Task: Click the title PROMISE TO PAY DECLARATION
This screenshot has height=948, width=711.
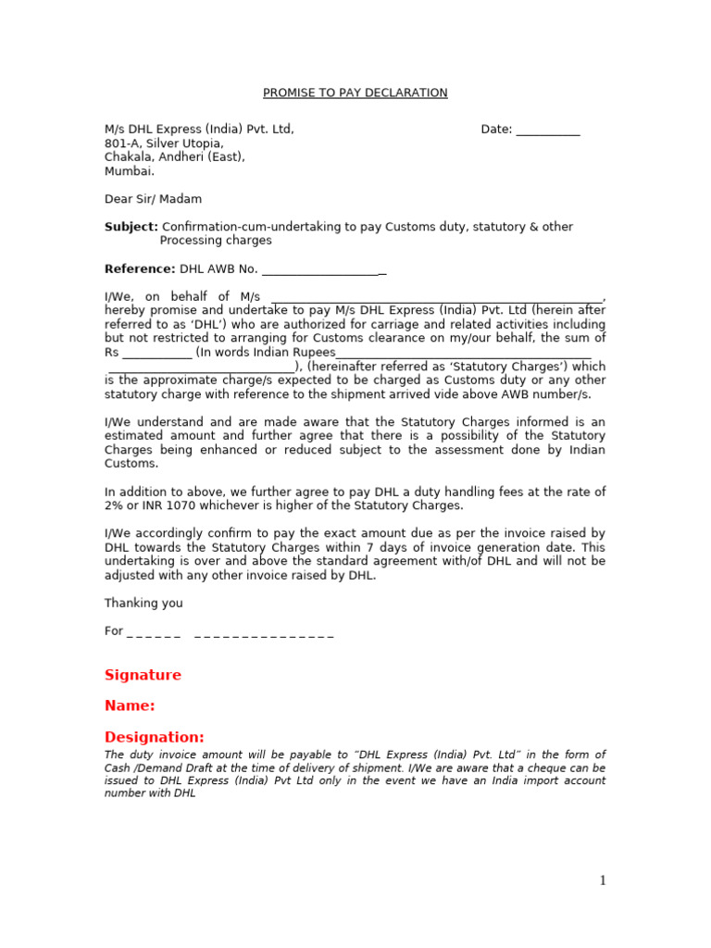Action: (x=355, y=94)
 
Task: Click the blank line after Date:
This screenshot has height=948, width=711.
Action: (x=548, y=131)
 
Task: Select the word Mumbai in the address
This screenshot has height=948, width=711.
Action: (x=128, y=171)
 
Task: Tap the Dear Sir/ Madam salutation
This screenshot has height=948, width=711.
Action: (x=153, y=199)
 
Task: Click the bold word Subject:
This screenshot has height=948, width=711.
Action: (x=131, y=227)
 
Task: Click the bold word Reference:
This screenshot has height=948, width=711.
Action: (x=140, y=269)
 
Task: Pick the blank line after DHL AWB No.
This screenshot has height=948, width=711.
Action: (x=324, y=270)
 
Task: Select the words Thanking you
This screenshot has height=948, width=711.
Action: (x=143, y=604)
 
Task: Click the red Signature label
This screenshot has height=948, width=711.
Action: (x=143, y=675)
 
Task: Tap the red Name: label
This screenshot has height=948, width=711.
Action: (x=130, y=705)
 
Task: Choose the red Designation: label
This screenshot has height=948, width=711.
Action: (x=154, y=737)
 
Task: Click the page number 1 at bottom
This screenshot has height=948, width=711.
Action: (x=603, y=880)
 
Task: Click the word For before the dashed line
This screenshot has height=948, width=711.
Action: (x=113, y=631)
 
